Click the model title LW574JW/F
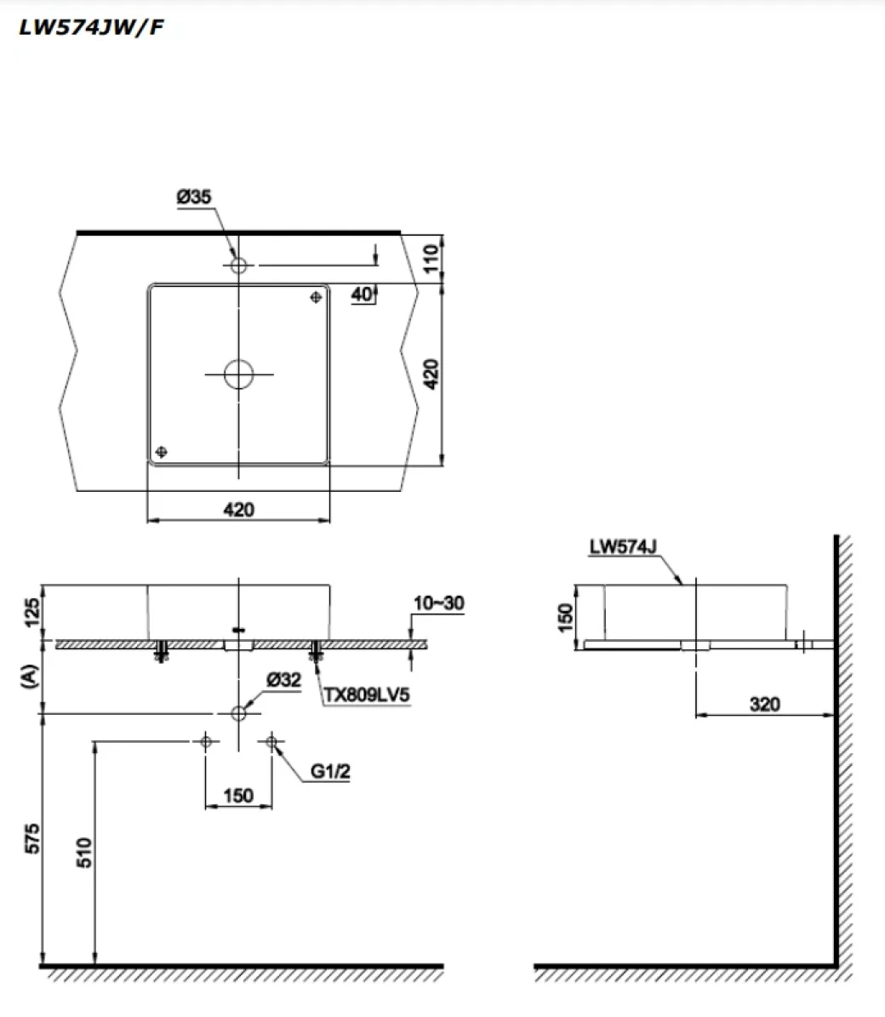pos(91,28)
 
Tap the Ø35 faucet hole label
pos(194,197)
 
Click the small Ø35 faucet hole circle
pos(238,266)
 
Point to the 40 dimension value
pos(361,294)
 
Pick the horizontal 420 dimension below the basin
pos(238,510)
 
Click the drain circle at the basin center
pos(238,374)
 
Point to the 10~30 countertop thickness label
pos(438,603)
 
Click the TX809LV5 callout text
pos(367,695)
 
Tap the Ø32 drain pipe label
pos(283,679)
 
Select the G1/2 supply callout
pos(330,772)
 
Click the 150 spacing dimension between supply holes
pos(238,795)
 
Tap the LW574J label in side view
pos(621,547)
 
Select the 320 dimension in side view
pos(764,705)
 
